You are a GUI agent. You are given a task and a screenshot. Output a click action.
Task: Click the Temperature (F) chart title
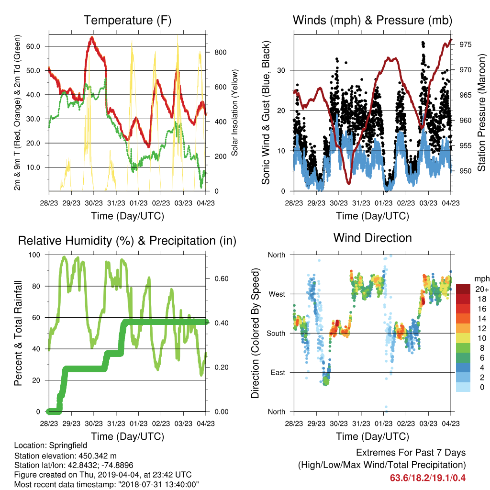[x=127, y=20]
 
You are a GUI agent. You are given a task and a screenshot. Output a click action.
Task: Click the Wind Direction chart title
[x=372, y=238]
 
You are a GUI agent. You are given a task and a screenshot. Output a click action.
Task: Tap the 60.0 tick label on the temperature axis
[x=33, y=46]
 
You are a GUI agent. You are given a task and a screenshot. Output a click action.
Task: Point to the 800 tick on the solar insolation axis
[x=220, y=52]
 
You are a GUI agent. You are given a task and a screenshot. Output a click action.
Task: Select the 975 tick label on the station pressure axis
[x=465, y=45]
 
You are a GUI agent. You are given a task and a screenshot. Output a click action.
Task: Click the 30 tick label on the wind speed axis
[x=281, y=70]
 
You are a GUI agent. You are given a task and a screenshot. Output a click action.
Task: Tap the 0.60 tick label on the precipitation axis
[x=222, y=278]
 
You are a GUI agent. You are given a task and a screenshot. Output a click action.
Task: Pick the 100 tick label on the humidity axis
[x=34, y=255]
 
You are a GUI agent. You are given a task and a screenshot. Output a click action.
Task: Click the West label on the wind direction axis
[x=277, y=294]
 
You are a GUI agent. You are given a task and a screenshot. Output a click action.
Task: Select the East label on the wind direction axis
[x=278, y=372]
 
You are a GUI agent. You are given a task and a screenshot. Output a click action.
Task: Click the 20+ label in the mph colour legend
[x=482, y=289]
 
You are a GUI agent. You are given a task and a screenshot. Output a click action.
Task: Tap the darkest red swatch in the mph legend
[x=463, y=289]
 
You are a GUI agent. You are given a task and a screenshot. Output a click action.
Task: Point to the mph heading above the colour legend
[x=482, y=279]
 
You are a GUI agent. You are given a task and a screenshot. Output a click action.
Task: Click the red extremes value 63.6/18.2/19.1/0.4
[x=428, y=478]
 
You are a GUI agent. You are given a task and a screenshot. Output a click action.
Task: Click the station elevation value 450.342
[x=93, y=456]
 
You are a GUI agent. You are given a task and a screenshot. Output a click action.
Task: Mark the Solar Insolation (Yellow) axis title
[x=234, y=112]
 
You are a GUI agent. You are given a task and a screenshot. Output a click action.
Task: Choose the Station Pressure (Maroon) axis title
[x=481, y=112]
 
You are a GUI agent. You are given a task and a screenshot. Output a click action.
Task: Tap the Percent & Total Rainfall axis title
[x=18, y=333]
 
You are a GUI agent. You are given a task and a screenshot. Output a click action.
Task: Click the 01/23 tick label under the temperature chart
[x=138, y=203]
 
